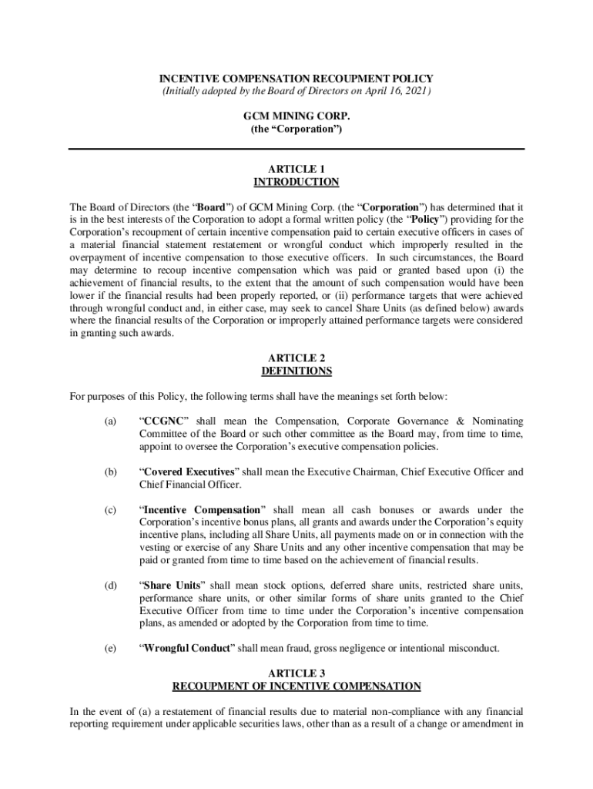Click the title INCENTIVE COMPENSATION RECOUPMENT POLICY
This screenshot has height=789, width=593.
coord(296,79)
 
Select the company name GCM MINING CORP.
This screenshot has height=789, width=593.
coord(296,117)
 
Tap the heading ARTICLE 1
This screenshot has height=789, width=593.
coord(296,169)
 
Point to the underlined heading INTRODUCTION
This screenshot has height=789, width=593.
coord(296,183)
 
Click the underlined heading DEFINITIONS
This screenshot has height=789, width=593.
coord(296,371)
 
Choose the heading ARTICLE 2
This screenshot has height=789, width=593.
coord(296,358)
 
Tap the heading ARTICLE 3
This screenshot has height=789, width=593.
coord(296,673)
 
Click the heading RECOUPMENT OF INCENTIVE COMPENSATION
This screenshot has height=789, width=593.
coord(296,686)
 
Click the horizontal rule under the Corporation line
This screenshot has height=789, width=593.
coord(296,149)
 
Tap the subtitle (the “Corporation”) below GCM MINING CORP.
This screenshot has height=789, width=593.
coord(296,130)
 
